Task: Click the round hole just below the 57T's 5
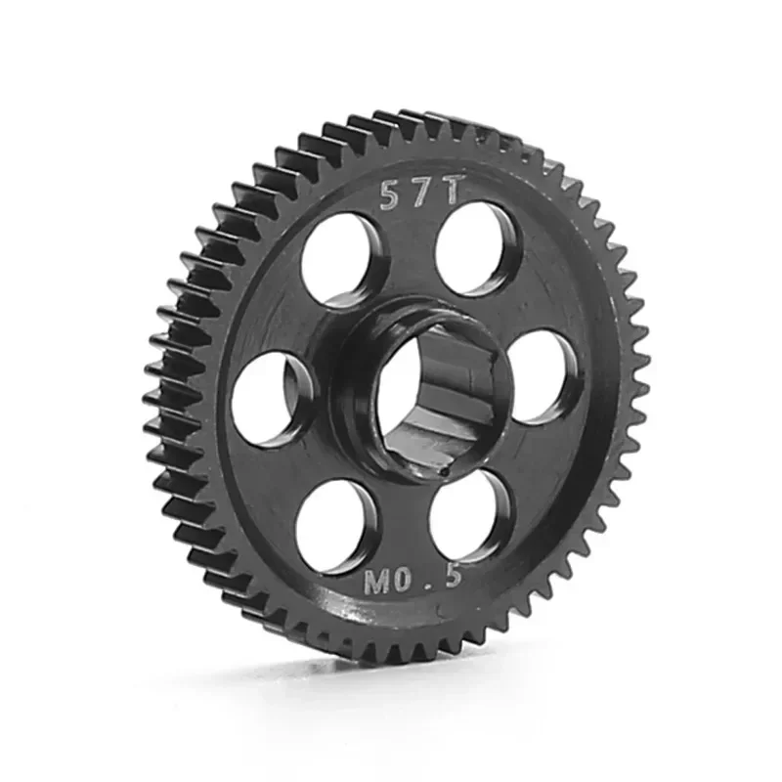click(x=340, y=261)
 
